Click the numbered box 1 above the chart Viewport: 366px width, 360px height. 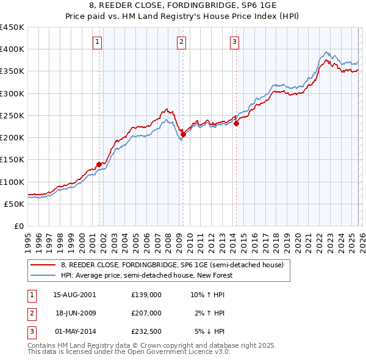click(98, 42)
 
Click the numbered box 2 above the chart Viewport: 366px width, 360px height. click(182, 42)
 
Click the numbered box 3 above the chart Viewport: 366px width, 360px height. click(235, 42)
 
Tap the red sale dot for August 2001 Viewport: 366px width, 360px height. click(99, 164)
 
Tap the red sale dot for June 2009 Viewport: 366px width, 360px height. click(183, 134)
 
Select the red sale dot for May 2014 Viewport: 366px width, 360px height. click(236, 123)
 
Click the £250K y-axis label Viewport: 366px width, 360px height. click(12, 115)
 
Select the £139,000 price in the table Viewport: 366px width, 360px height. click(146, 295)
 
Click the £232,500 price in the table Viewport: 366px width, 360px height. click(146, 331)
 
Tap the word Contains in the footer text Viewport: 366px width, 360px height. click(43, 345)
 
